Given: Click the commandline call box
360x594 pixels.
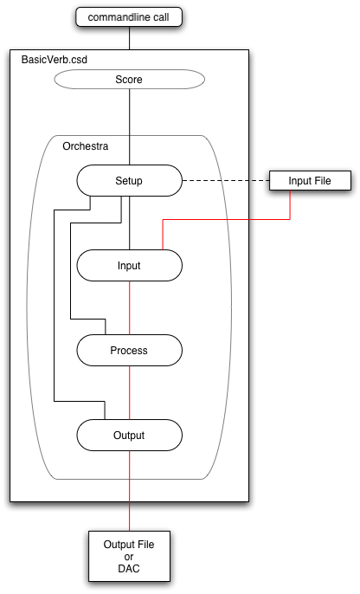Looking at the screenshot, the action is point(129,17).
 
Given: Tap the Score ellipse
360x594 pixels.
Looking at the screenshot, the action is point(130,79).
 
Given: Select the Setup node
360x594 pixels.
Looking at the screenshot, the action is point(130,180).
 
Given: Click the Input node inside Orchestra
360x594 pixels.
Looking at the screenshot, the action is point(130,265).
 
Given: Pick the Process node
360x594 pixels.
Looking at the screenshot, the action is point(130,350).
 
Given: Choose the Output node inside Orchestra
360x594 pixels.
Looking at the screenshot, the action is point(130,435).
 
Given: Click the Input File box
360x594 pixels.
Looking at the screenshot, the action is point(310,181).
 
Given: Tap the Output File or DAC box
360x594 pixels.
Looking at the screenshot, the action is point(129,556).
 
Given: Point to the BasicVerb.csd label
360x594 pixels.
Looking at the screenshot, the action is point(55,60).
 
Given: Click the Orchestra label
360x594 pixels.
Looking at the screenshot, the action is point(86,146).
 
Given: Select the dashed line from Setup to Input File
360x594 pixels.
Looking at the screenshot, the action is point(226,181).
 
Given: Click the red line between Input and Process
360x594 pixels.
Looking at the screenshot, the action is point(130,307).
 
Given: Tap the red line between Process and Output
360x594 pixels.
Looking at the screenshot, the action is point(130,392).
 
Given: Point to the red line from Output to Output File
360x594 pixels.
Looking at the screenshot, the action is point(130,491).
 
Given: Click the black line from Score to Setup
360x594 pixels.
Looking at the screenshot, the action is point(130,127).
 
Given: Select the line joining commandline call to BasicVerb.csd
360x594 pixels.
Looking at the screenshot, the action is point(130,38).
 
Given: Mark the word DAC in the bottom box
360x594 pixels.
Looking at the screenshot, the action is point(129,569).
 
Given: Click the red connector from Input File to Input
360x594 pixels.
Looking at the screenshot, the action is point(227,219).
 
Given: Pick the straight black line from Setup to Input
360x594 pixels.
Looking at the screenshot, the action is point(130,223).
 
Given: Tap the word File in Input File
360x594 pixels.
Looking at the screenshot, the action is point(322,181).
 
